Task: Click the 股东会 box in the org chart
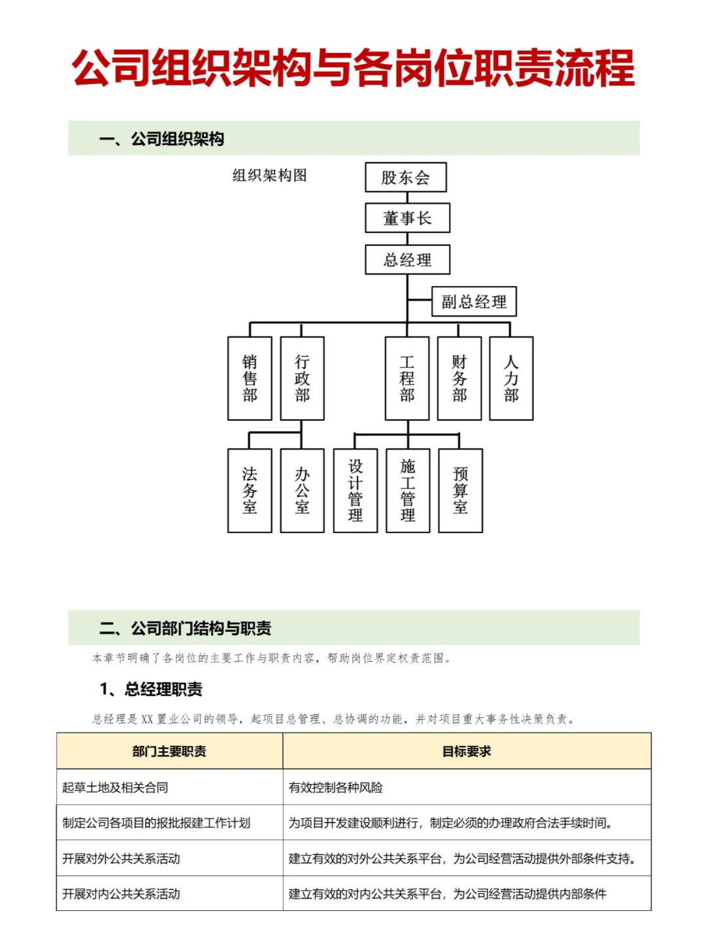(406, 177)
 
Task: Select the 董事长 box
(407, 218)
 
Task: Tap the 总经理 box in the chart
(407, 259)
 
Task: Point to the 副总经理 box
(474, 301)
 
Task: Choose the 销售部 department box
(249, 378)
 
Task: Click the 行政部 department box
(302, 378)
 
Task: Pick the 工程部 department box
(407, 378)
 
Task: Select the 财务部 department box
(460, 378)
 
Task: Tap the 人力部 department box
(511, 378)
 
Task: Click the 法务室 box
(249, 490)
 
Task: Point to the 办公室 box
(302, 490)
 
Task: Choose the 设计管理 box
(355, 490)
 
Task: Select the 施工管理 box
(408, 490)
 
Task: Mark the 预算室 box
(460, 490)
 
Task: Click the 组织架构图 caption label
(270, 176)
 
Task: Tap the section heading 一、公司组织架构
(162, 139)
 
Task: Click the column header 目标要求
(467, 751)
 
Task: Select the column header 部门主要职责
(170, 751)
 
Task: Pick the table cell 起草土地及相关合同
(115, 787)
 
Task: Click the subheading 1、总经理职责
(151, 689)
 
